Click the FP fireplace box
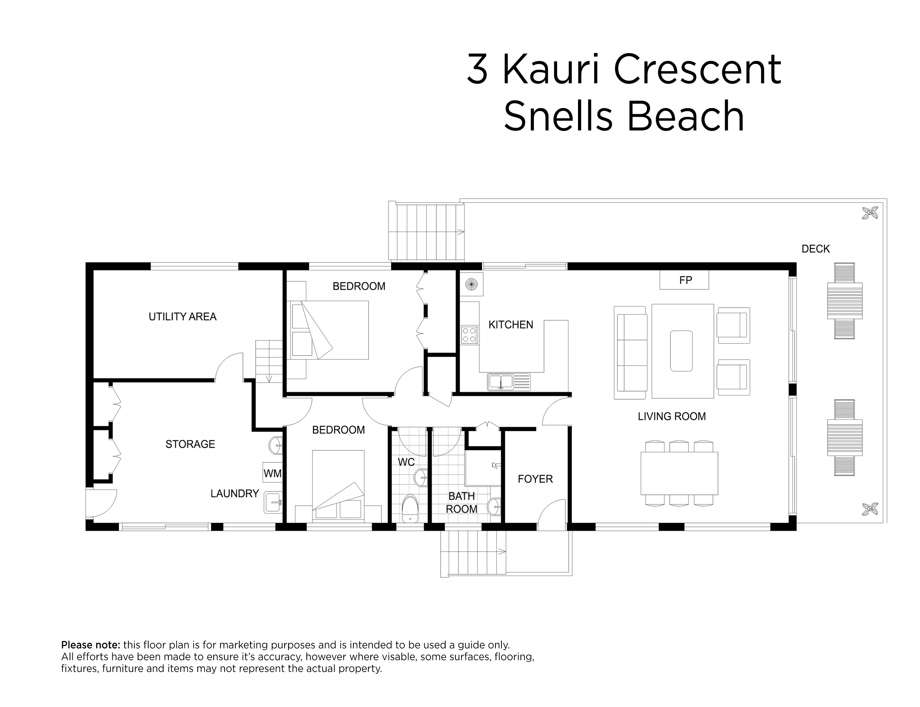click(x=684, y=280)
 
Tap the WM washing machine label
click(x=272, y=473)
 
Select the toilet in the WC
click(x=410, y=508)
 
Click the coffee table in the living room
click(x=681, y=351)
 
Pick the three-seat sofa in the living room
click(x=630, y=352)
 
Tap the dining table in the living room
click(x=679, y=473)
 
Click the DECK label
click(x=815, y=249)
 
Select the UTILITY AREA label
click(x=182, y=317)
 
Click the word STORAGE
click(x=190, y=444)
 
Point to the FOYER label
click(x=535, y=479)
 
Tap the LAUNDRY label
click(x=235, y=494)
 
